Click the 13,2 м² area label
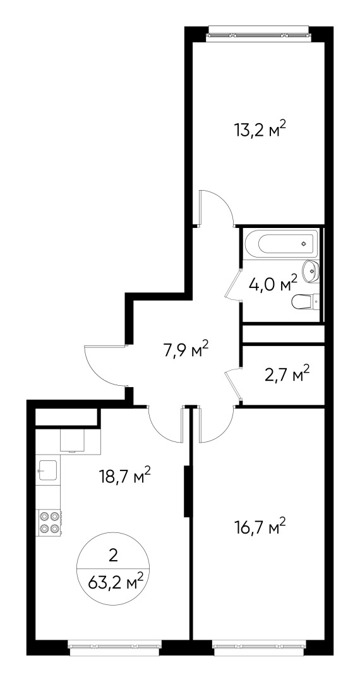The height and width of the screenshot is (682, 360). point(261,129)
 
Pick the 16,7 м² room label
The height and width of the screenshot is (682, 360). point(260,527)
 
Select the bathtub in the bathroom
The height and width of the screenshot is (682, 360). point(281,243)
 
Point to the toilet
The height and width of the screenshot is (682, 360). point(306,301)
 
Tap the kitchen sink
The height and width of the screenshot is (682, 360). point(48,470)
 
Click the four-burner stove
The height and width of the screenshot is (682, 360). point(49,522)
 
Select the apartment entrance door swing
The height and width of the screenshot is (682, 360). point(105,365)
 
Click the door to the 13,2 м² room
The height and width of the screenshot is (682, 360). point(215,208)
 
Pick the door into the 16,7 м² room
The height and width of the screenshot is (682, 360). point(217,424)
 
